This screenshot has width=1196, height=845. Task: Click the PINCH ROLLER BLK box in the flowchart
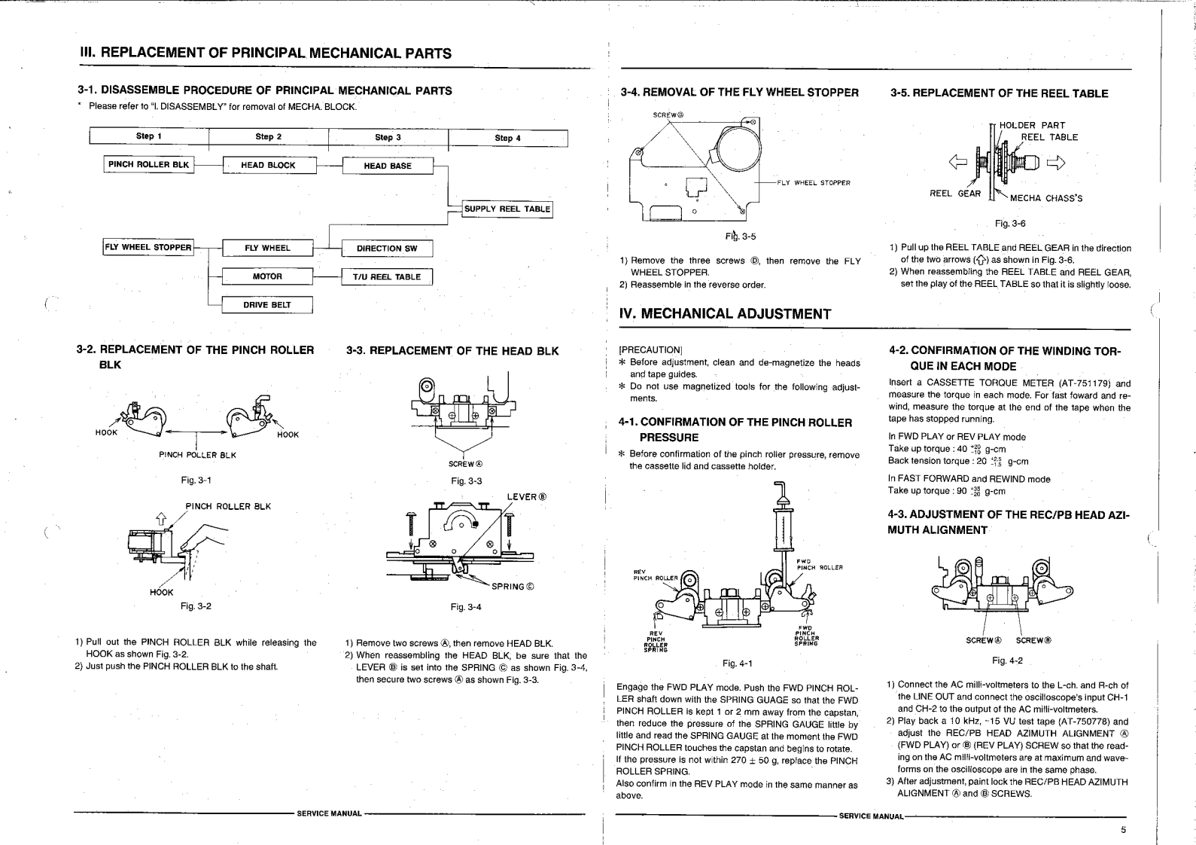tap(149, 165)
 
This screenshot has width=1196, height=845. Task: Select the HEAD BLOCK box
tap(268, 166)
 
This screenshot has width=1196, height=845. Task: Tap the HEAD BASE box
tap(388, 166)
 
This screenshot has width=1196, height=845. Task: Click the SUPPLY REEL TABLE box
tap(507, 209)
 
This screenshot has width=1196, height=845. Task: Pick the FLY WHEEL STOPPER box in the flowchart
tap(148, 247)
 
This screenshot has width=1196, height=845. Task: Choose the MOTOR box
tap(267, 276)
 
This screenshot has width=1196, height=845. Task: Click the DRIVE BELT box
tap(267, 305)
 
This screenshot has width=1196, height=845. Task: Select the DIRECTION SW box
tap(387, 249)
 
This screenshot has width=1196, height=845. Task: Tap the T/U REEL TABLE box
tap(387, 276)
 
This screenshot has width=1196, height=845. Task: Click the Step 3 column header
tap(388, 138)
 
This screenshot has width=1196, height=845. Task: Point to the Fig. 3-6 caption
tap(1010, 224)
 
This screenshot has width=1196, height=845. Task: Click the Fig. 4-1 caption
tap(737, 663)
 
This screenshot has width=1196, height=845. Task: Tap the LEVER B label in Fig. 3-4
tap(526, 497)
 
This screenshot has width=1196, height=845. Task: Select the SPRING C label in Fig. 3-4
tap(513, 587)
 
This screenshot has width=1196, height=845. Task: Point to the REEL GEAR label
tap(955, 194)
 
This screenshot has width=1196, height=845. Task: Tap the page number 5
tap(1123, 830)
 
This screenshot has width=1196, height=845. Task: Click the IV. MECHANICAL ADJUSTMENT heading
tap(725, 314)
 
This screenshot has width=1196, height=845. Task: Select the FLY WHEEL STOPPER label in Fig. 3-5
tap(814, 183)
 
